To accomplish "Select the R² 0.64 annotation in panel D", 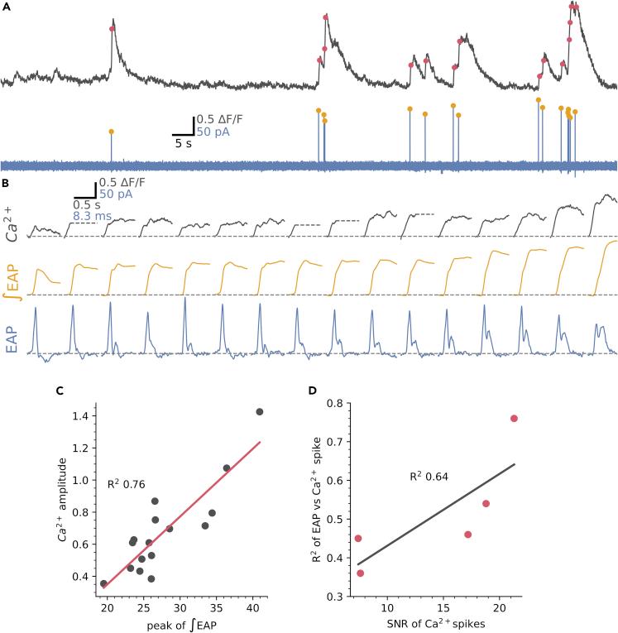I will click(430, 477).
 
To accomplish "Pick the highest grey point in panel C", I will click(260, 411).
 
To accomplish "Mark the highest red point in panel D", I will click(514, 419).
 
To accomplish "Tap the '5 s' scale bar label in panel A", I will click(182, 141).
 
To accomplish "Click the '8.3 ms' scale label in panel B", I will click(88, 215).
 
